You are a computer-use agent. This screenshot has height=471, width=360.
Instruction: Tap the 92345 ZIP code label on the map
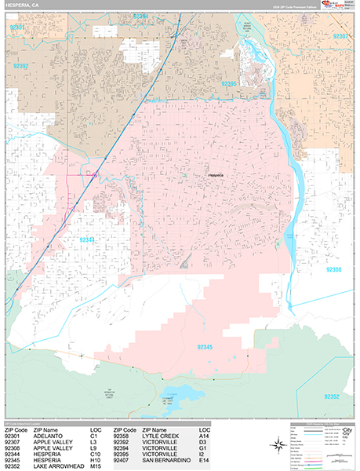coord(205,346)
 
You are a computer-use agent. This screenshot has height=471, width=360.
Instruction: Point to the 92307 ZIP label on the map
coord(342,36)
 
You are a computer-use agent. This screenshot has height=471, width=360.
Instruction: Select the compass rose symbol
coord(278,444)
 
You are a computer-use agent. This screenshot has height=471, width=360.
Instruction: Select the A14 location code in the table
coord(205,436)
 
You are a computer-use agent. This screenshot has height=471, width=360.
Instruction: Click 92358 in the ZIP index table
coord(124,436)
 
